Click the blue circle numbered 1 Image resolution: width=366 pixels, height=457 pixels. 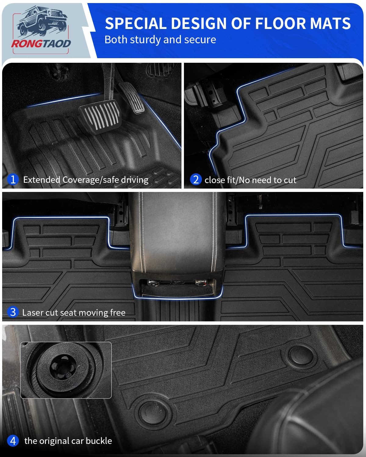(13, 179)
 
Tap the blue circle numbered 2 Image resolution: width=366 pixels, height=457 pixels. (196, 179)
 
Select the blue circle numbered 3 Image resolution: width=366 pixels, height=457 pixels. (13, 312)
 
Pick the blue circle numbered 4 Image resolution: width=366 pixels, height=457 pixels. (13, 441)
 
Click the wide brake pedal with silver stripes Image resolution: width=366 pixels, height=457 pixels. (100, 116)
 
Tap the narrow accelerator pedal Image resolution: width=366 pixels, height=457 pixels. (132, 98)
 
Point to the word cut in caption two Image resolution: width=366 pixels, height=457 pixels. (290, 180)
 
